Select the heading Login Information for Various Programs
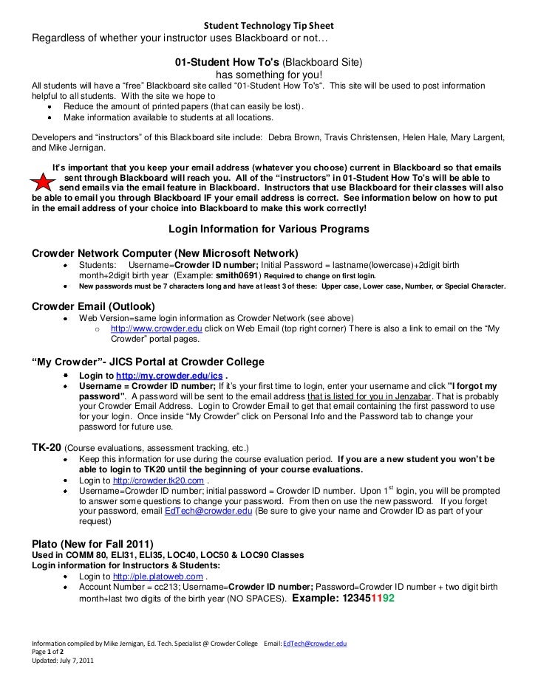coord(269,229)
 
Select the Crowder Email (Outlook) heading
coord(93,306)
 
